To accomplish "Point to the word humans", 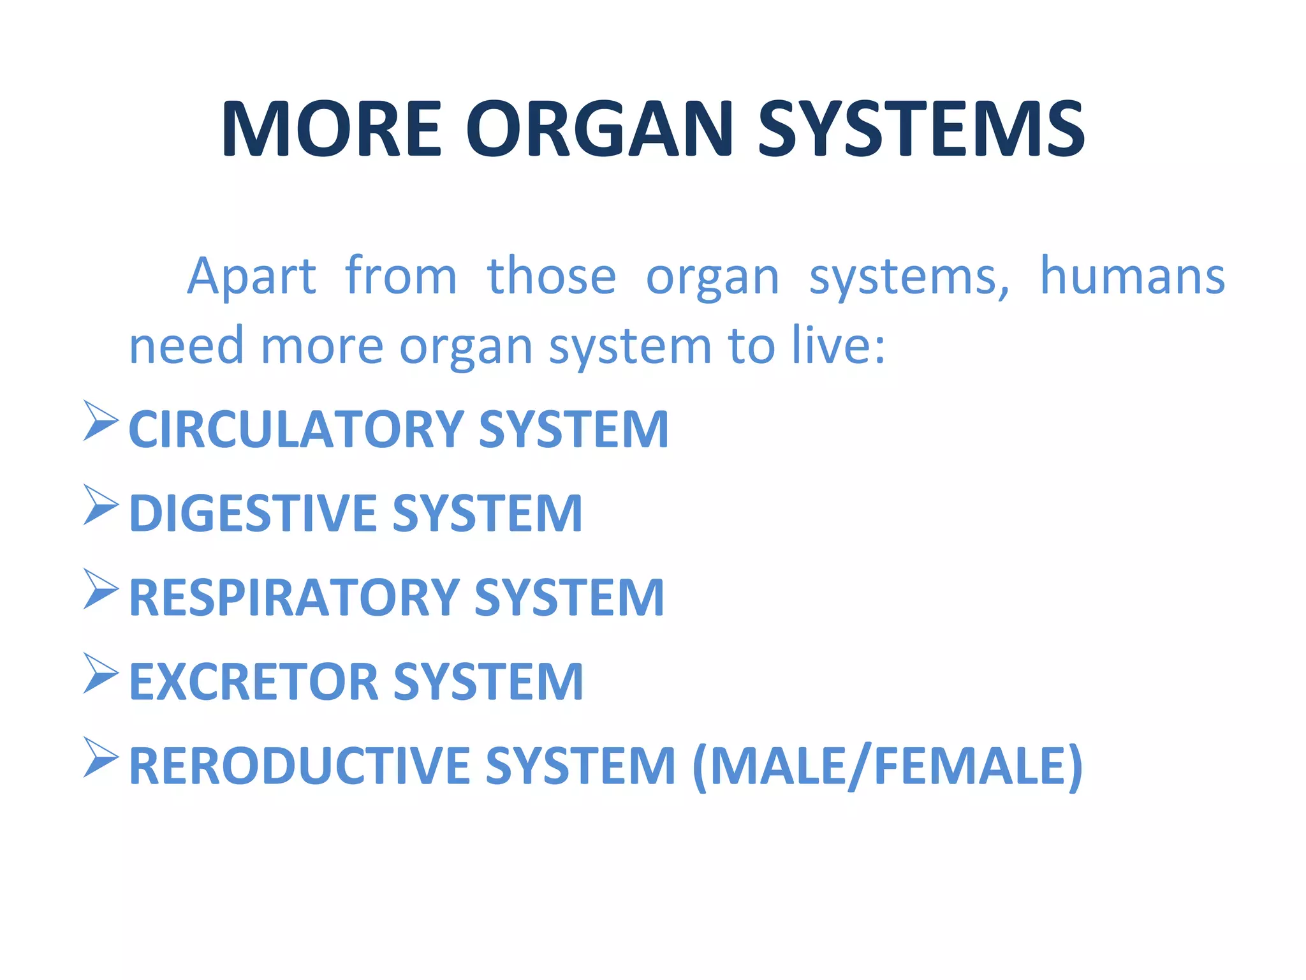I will (x=1132, y=276).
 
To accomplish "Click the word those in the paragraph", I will (x=552, y=276).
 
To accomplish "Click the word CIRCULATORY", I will (x=297, y=429).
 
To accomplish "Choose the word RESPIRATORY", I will (x=295, y=598).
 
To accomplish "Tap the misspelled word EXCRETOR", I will (x=254, y=682).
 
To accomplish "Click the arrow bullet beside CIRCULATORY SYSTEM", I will (x=100, y=420).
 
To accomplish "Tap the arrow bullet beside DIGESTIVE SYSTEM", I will (x=100, y=505).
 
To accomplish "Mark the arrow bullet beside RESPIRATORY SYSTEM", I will (x=100, y=589).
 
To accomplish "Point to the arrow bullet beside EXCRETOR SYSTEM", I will (x=100, y=673).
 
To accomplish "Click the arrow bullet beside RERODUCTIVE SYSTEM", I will (x=100, y=757).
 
